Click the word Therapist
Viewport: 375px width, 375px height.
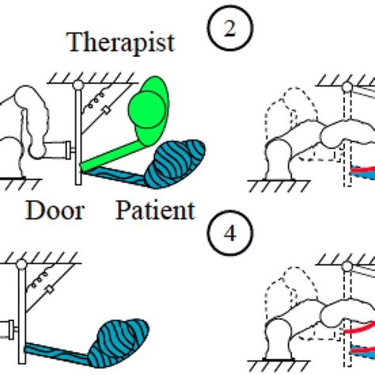(x=119, y=43)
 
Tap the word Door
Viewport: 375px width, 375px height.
(x=55, y=210)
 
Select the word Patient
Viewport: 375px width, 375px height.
(x=155, y=210)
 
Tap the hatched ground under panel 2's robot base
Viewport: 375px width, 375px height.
(x=273, y=188)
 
